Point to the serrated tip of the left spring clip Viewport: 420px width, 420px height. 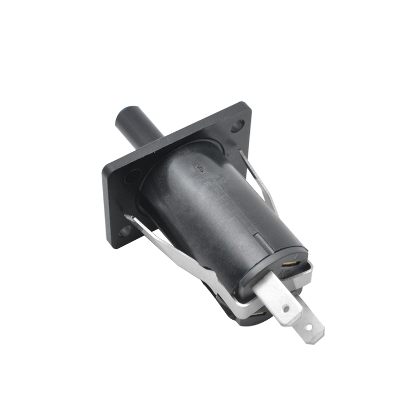[129, 217]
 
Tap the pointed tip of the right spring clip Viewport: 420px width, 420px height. [240, 152]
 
